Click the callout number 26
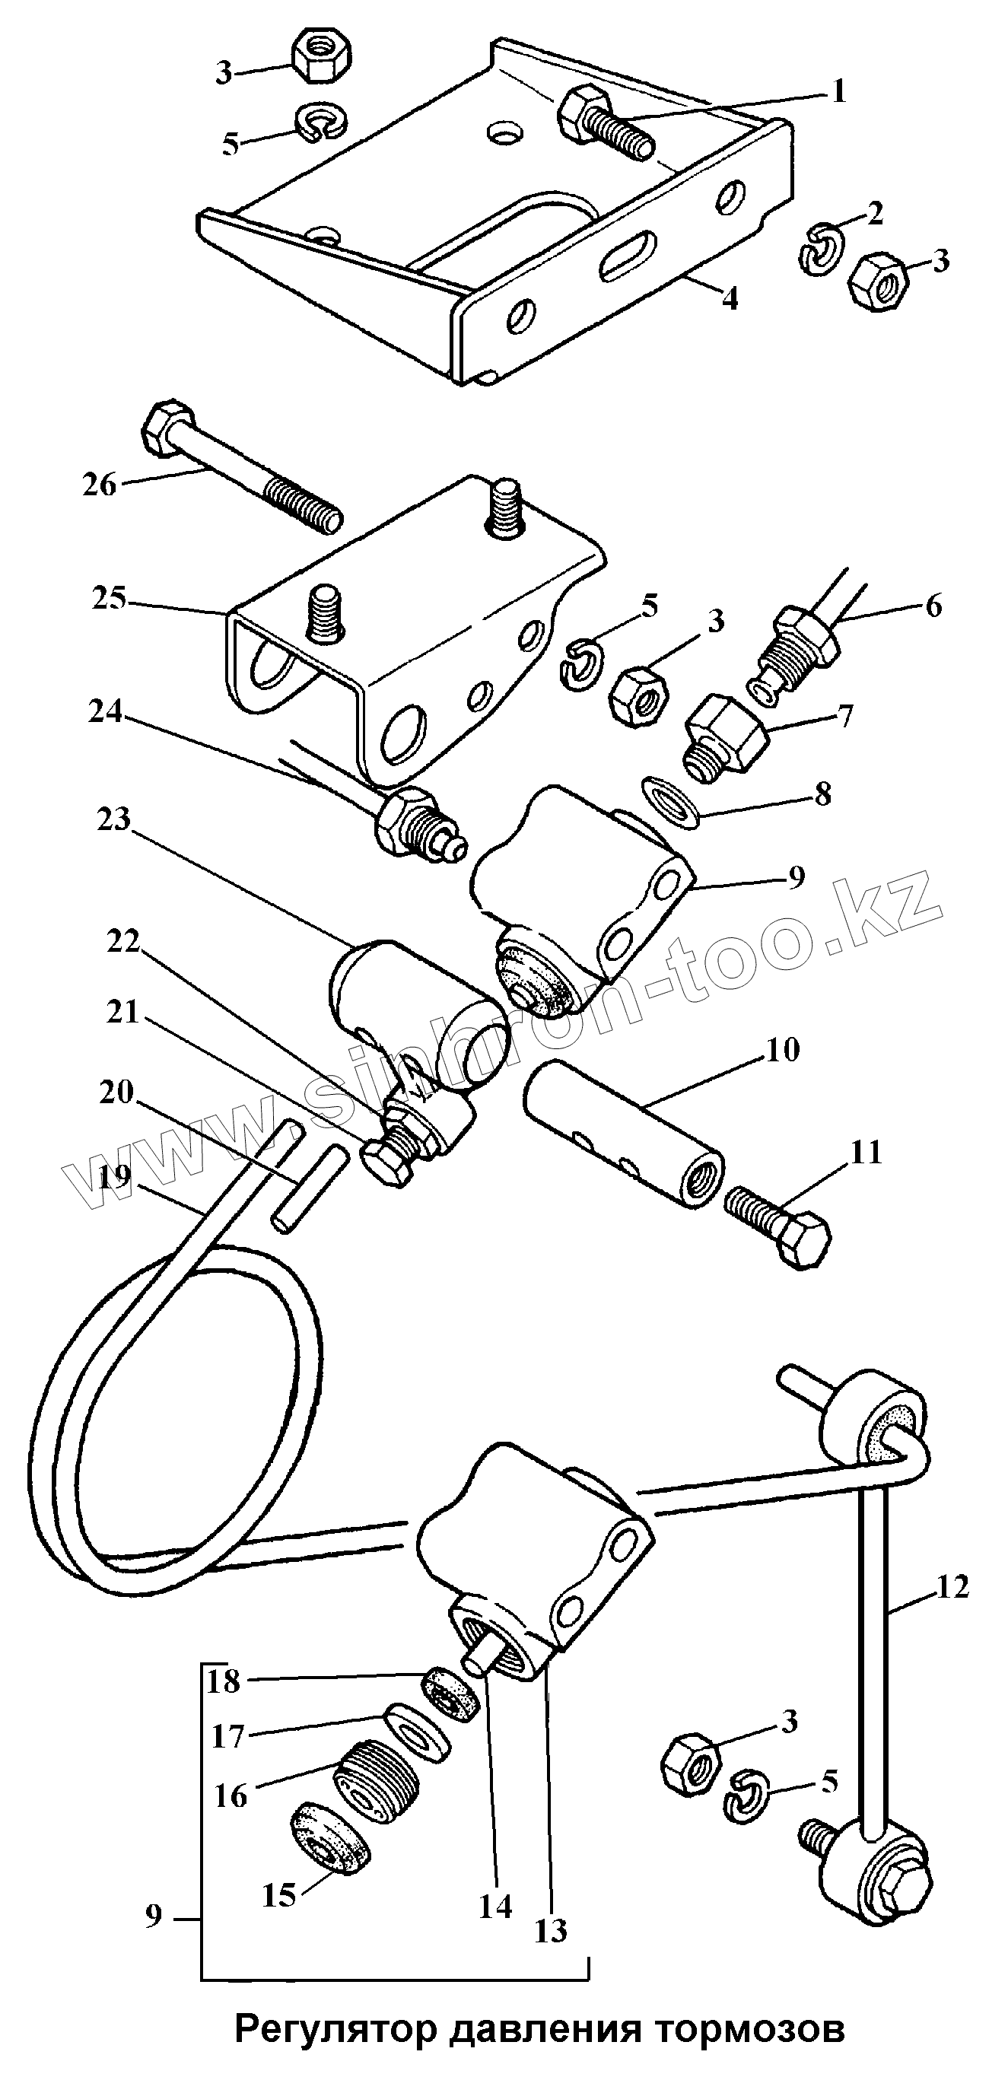99,485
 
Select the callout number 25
109,599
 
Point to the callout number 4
729,299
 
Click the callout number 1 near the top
838,92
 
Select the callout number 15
279,1894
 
